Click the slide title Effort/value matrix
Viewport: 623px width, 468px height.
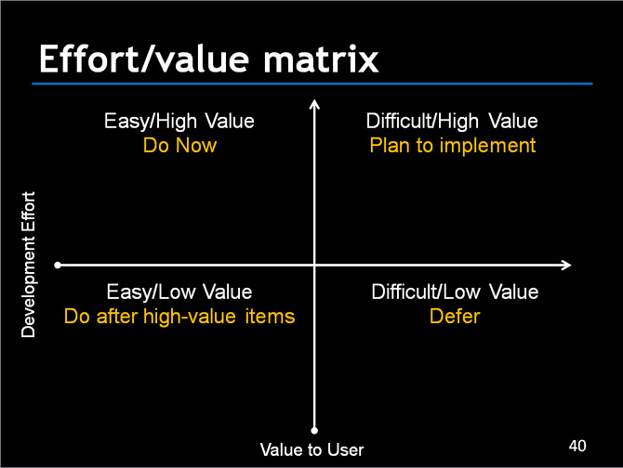(x=208, y=59)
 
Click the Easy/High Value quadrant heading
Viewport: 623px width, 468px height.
(x=179, y=122)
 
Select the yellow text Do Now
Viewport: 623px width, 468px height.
(x=179, y=145)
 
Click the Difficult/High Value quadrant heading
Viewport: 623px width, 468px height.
(x=452, y=122)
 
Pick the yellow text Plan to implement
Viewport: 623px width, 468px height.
(x=452, y=146)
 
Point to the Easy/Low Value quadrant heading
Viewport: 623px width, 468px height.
(x=179, y=292)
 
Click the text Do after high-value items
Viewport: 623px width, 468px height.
(x=179, y=317)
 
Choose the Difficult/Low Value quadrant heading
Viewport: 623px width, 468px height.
(x=455, y=292)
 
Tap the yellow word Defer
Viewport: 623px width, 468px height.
(x=455, y=317)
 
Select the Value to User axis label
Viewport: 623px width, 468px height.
(x=311, y=450)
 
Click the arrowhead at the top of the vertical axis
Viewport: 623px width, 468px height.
(x=314, y=105)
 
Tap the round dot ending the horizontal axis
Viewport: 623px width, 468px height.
(x=59, y=266)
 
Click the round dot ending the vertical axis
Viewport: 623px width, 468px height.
(x=314, y=430)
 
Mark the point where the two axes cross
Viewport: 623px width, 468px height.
(x=314, y=266)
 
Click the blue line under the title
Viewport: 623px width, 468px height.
(x=311, y=84)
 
